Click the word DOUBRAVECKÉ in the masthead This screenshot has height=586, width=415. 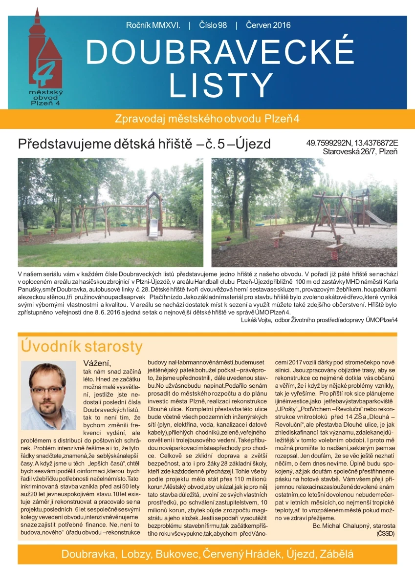tap(219, 51)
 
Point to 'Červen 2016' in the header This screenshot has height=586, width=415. tap(268, 25)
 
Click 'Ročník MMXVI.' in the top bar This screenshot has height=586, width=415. tap(153, 25)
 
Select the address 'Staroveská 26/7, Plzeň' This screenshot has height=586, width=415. tap(360, 152)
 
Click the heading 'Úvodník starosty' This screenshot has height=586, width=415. tap(81, 346)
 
